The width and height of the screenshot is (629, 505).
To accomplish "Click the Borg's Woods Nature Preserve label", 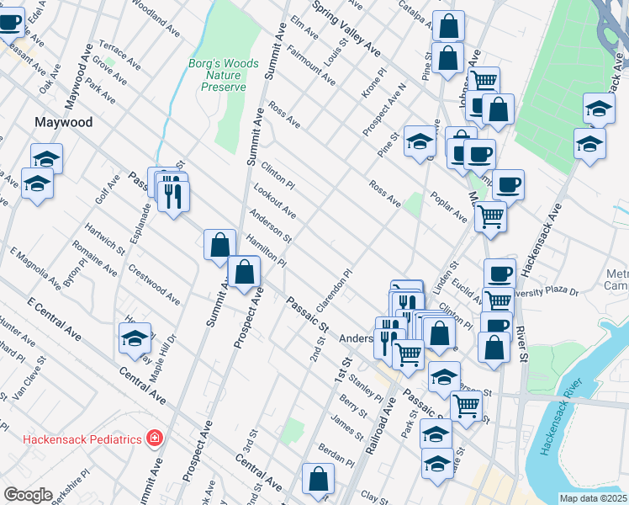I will [218, 75].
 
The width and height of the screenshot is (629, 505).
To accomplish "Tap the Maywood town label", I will [63, 122].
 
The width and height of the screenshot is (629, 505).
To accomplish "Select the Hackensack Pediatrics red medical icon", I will [154, 438].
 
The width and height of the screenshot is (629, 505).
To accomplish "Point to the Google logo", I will [29, 495].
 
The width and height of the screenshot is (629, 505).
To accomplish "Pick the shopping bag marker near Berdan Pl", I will [319, 480].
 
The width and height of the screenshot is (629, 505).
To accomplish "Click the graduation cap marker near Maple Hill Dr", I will [135, 338].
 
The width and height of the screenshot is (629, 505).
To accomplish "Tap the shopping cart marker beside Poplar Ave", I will [490, 216].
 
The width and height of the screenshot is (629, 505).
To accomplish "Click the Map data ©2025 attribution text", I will [593, 498].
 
